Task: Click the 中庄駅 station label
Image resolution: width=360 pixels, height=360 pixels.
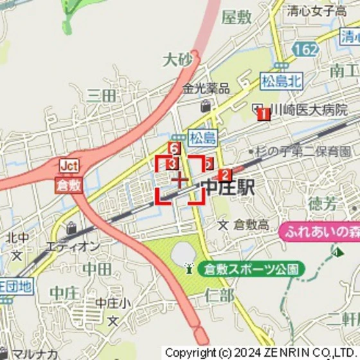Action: (x=228, y=188)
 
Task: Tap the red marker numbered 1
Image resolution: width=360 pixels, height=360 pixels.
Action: (x=262, y=114)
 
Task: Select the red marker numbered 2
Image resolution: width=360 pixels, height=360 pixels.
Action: (x=224, y=175)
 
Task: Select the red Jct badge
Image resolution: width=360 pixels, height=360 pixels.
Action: (x=69, y=166)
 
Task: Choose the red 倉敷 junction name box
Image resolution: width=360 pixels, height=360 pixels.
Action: (x=69, y=184)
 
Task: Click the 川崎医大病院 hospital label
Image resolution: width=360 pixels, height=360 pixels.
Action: (x=309, y=109)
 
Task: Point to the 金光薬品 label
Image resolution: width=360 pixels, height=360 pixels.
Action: (x=206, y=89)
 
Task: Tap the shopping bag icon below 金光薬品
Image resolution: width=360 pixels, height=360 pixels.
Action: (x=206, y=105)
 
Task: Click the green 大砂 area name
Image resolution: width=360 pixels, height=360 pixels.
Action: (x=177, y=60)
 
